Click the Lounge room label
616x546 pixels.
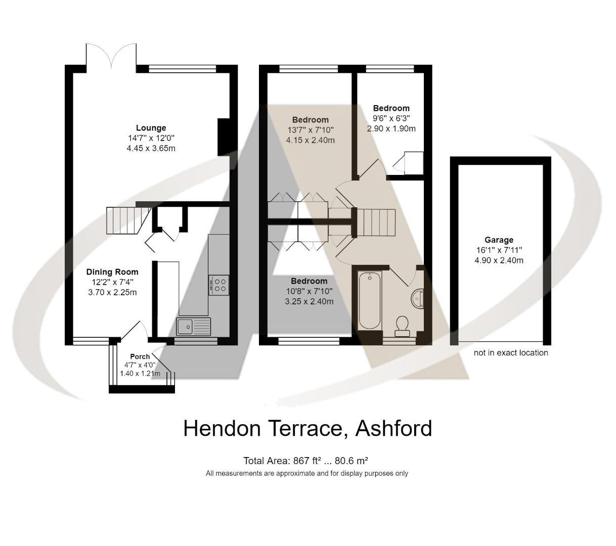(x=151, y=128)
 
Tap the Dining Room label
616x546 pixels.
(x=112, y=272)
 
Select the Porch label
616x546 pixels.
(x=140, y=356)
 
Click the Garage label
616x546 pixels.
(x=499, y=240)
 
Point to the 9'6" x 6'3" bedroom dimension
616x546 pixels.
(x=391, y=118)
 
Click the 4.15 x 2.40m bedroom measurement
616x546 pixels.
(x=310, y=140)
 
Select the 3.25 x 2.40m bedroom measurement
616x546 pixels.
(x=309, y=301)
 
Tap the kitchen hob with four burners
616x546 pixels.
(x=218, y=285)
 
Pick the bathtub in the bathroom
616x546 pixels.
(x=370, y=300)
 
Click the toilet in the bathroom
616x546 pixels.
(x=403, y=325)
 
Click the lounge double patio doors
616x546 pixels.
(x=111, y=56)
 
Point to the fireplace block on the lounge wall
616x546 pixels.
(x=224, y=137)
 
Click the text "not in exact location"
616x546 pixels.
(x=511, y=353)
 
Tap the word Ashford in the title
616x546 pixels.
(x=393, y=428)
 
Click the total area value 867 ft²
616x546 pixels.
(x=303, y=461)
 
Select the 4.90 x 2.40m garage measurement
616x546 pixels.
(x=499, y=260)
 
